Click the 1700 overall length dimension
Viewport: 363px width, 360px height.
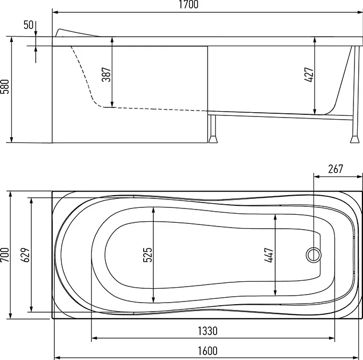click(188, 5)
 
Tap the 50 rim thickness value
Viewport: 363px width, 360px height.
click(28, 25)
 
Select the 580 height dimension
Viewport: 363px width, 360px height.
click(5, 87)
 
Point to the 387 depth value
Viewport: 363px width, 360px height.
click(106, 74)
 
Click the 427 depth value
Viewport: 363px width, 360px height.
click(309, 74)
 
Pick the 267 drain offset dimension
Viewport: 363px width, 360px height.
click(335, 169)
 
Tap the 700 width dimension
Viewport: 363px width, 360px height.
click(5, 255)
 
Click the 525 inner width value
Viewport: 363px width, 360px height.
click(147, 255)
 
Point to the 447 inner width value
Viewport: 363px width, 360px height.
click(269, 255)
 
